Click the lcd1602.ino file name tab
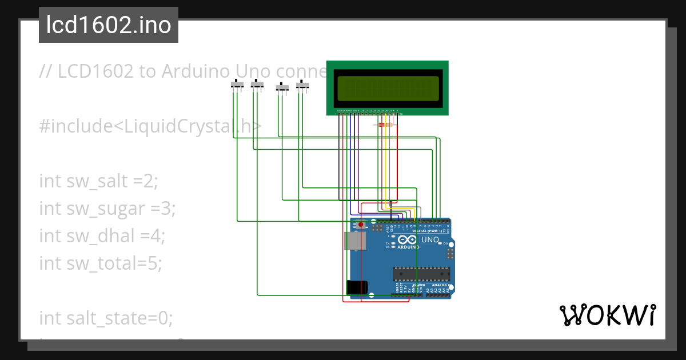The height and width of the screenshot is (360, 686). [x=108, y=25]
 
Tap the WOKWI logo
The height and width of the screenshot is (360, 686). [x=607, y=315]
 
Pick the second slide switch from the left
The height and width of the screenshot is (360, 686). [x=257, y=85]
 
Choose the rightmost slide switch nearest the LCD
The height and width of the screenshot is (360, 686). [x=302, y=86]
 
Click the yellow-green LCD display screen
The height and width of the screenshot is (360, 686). [x=387, y=89]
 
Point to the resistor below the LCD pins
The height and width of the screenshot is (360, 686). [x=384, y=124]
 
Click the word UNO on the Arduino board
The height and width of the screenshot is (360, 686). [x=430, y=239]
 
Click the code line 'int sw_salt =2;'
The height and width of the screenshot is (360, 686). [x=98, y=181]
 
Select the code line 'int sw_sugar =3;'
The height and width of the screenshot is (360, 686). [x=107, y=209]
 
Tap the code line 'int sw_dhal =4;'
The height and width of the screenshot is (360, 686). [x=102, y=235]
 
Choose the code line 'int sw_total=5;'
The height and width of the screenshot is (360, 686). [x=101, y=263]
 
